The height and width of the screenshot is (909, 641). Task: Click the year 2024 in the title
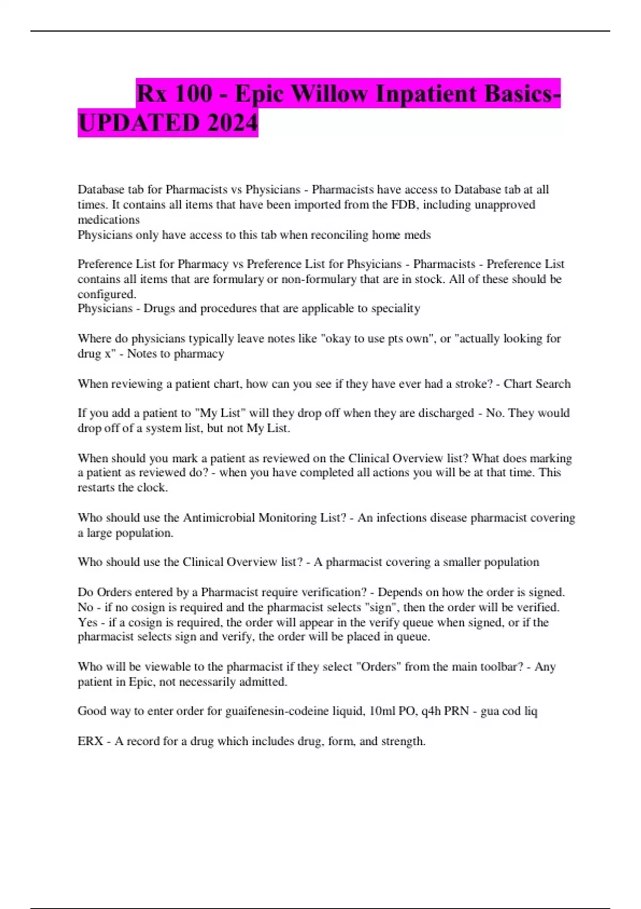pyautogui.click(x=232, y=123)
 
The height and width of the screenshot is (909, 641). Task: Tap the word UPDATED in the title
pyautogui.click(x=138, y=123)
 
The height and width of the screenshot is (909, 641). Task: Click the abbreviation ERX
pyautogui.click(x=90, y=741)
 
